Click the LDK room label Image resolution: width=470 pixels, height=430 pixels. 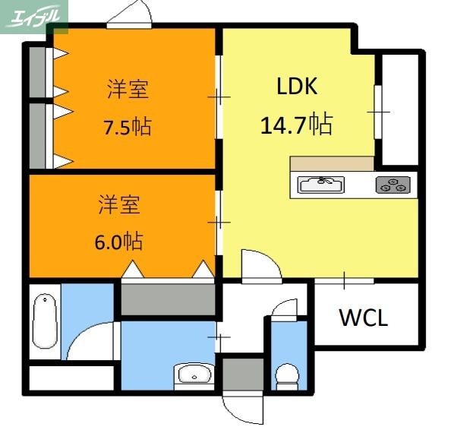(295, 87)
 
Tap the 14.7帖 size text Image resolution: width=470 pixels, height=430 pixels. (296, 124)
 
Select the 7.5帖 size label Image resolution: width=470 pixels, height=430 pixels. (127, 126)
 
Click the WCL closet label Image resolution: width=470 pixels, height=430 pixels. (363, 318)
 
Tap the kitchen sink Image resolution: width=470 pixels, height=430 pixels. (320, 185)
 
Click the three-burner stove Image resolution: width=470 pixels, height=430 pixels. (393, 185)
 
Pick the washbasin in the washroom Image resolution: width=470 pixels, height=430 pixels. (195, 374)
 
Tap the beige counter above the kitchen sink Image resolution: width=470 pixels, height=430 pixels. (332, 163)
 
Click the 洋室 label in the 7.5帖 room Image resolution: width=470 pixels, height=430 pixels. (127, 90)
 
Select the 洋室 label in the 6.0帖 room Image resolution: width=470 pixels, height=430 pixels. (118, 204)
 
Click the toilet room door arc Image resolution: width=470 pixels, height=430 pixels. (285, 310)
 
